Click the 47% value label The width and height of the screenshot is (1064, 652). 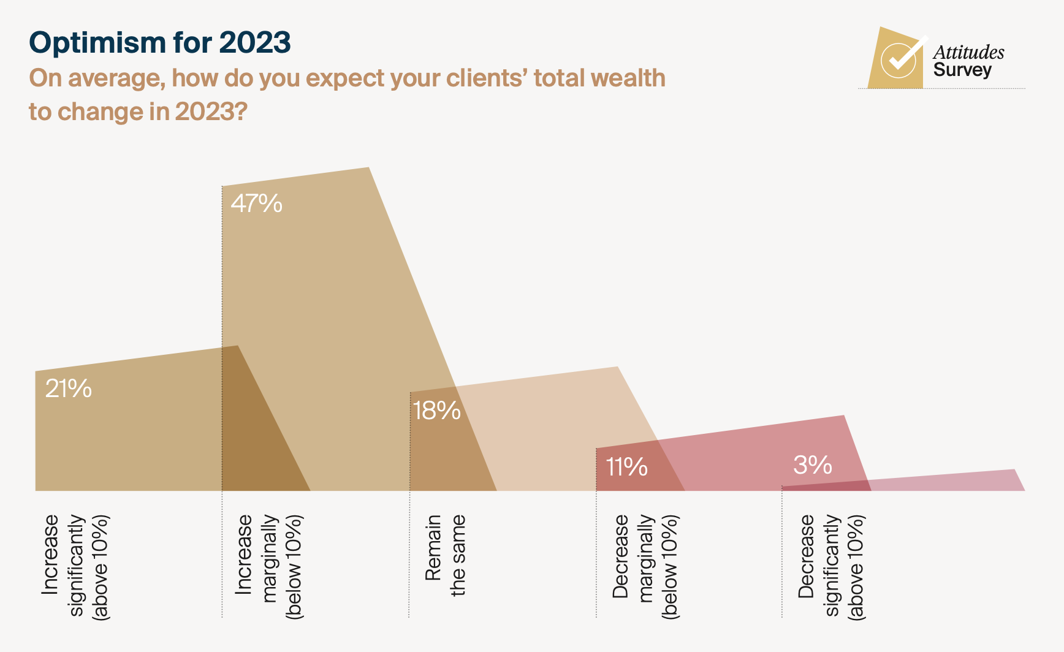click(x=256, y=203)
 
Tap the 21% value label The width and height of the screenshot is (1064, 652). click(x=69, y=389)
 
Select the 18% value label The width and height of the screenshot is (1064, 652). click(x=436, y=411)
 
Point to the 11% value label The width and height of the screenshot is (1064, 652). click(x=626, y=467)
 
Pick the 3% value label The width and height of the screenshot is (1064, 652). click(x=812, y=465)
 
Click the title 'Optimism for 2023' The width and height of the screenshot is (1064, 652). click(x=160, y=42)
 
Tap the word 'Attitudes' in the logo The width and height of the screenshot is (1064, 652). click(x=968, y=52)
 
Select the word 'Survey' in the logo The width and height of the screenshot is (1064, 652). click(x=962, y=70)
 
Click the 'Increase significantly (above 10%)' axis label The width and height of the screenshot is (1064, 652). click(x=75, y=567)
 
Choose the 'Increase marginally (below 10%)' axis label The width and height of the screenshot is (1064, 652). click(x=269, y=567)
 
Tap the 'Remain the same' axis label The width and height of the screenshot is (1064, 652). click(x=446, y=555)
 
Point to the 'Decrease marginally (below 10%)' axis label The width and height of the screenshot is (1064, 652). click(x=645, y=567)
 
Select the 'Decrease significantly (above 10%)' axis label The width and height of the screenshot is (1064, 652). click(x=831, y=567)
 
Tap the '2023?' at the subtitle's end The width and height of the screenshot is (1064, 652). click(x=211, y=112)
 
